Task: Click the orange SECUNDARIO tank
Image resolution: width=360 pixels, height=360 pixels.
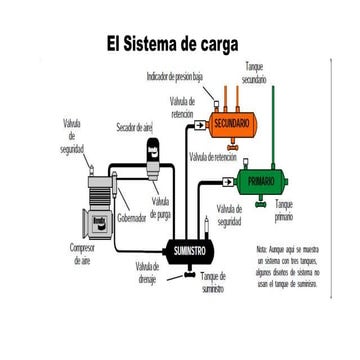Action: (237, 122)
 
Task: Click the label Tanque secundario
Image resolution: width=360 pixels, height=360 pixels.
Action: (255, 71)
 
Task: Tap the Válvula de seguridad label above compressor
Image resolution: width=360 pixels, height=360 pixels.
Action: (73, 135)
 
